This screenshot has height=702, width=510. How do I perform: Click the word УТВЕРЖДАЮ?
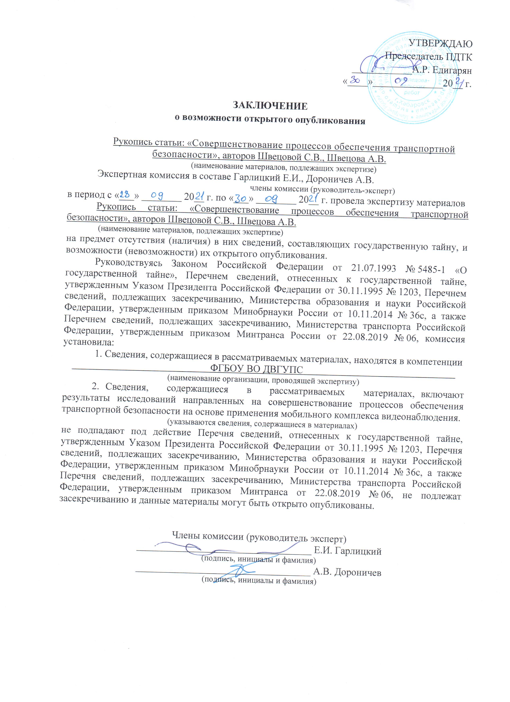[441, 44]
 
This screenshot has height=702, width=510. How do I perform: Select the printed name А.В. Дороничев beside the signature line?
[347, 572]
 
